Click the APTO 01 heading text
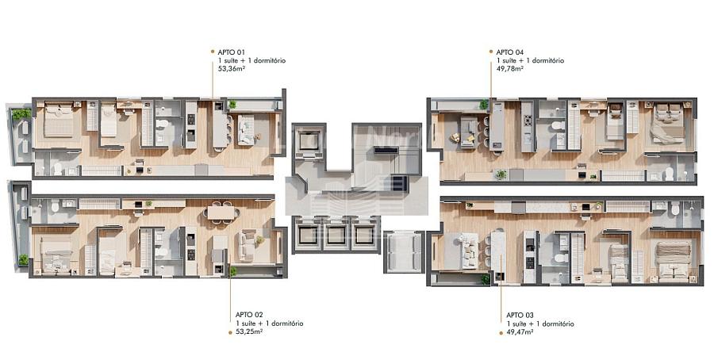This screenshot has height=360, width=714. point(232,52)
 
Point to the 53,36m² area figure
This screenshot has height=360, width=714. point(232,69)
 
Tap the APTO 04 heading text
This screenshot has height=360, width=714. point(510,52)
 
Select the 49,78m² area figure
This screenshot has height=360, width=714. point(510,69)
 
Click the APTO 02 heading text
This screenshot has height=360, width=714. point(249,315)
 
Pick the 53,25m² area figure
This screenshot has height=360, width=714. point(250,331)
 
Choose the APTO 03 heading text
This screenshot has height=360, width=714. point(520,315)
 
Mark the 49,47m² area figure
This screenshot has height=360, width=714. point(520,332)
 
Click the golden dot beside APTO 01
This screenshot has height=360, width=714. point(212,52)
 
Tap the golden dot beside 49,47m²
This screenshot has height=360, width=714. point(501,333)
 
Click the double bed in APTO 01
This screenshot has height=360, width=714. point(58,119)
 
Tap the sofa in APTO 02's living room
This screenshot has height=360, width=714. point(248,245)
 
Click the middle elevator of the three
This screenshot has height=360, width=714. point(336,235)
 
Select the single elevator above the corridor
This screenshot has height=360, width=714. point(309,142)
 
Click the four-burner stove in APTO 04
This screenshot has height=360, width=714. point(528,121)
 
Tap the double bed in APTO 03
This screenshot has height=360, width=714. point(673,259)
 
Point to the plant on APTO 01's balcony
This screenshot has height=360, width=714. point(21,113)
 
